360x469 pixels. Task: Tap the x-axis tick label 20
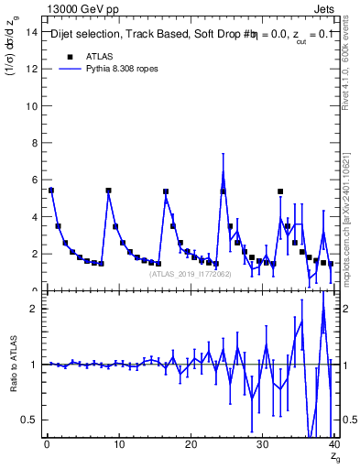pyautogui.click(x=191, y=445)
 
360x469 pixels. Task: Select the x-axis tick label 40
pyautogui.click(x=333, y=445)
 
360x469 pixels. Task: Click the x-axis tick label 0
pyautogui.click(x=47, y=445)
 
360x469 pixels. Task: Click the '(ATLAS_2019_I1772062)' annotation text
pyautogui.click(x=191, y=273)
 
